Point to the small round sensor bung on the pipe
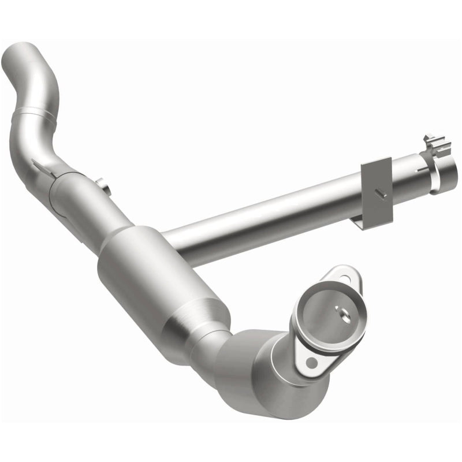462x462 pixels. pos(103,186)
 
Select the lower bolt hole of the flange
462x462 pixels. pos(312,362)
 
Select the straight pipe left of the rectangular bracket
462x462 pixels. pos(260,222)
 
